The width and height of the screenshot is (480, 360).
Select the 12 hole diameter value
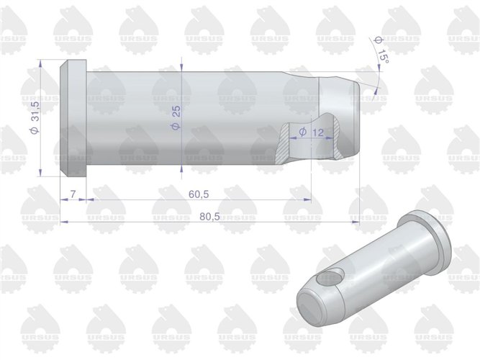[319, 132]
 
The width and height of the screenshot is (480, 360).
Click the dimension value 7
[73, 195]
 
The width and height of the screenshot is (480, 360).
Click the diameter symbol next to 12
[302, 132]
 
